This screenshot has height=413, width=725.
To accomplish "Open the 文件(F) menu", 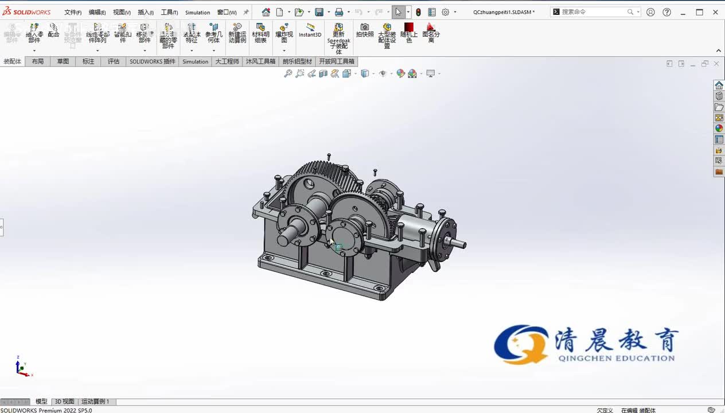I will [x=72, y=12].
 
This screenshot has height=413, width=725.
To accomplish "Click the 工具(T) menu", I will [x=169, y=12].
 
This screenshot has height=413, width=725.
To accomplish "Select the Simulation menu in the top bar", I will [x=197, y=12].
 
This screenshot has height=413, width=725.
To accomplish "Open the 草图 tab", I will [x=63, y=61].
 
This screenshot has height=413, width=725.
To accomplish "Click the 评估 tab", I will [x=114, y=61].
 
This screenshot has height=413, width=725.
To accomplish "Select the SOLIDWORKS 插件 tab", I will [x=153, y=61].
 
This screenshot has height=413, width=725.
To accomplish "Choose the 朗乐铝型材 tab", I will [x=297, y=61].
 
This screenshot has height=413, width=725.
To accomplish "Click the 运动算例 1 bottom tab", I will [x=95, y=402].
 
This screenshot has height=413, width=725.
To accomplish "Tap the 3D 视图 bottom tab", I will [x=64, y=402].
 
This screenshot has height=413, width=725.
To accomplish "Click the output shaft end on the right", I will [x=458, y=243].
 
